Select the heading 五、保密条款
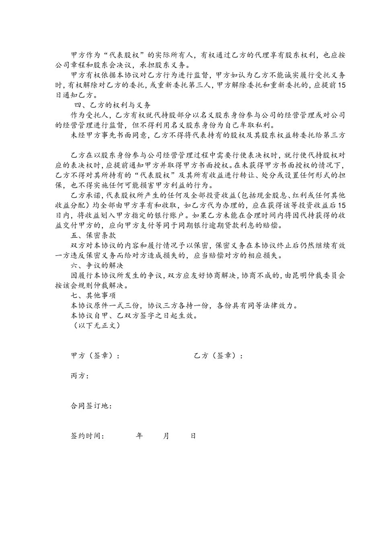point(93,235)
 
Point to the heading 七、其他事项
point(93,296)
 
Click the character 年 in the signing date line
point(140,436)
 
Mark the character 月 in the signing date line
point(166,436)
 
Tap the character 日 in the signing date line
point(193,436)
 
